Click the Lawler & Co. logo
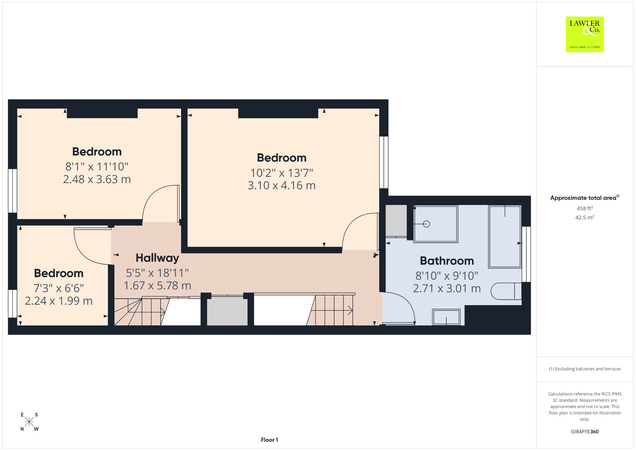pos(584,34)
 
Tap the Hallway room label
pos(157,258)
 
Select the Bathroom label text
pos(447,261)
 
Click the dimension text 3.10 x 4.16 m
pos(282,186)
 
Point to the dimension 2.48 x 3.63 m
pos(97,179)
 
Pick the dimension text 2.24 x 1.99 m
pos(59,301)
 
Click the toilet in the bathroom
pos(506,291)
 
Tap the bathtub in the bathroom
pos(505,236)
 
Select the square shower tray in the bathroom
pos(436,224)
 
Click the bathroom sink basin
pos(446,317)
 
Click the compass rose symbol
pos(29,422)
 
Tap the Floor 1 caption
pos(270,440)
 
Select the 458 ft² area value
pos(585,208)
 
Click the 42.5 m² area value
pos(585,217)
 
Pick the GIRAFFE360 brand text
pos(585,431)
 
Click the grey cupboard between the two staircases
pos(227,311)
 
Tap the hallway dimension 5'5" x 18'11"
pos(157,273)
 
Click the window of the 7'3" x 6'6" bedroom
pos(12,304)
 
